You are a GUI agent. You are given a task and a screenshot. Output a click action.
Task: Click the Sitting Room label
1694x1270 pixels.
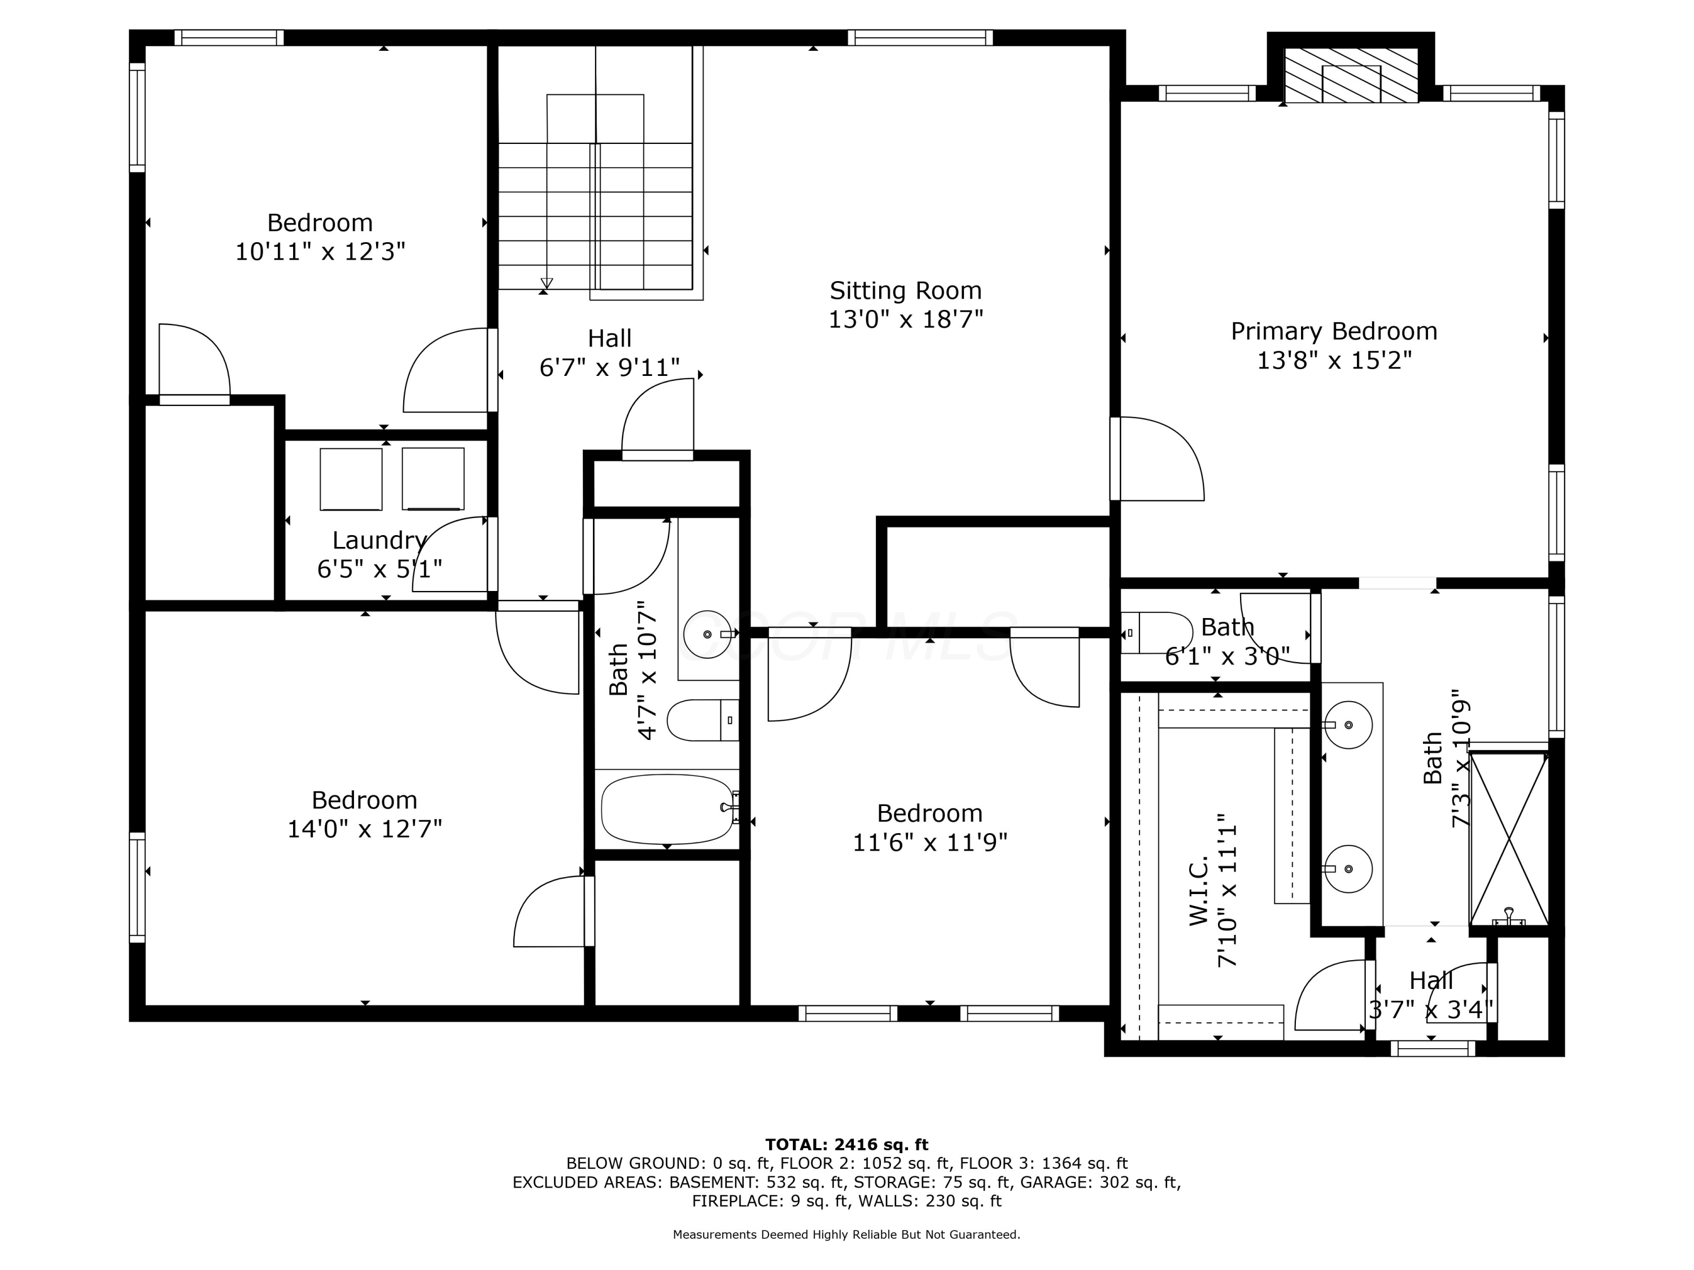coord(905,291)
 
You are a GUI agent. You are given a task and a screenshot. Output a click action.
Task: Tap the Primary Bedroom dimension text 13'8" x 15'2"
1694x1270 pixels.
coord(1334,360)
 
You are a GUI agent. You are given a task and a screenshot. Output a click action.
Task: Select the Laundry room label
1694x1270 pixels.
coord(379,541)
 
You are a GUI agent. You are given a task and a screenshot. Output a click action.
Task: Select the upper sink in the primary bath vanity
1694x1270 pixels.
coord(1348,724)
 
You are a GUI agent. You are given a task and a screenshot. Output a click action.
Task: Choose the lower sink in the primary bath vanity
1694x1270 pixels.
coord(1348,869)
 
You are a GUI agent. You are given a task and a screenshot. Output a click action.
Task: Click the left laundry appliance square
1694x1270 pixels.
coord(351,479)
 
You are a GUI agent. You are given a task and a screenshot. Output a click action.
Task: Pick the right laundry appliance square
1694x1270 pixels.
coord(433,479)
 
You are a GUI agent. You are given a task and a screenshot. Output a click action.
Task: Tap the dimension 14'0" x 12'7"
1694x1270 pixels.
coord(365,829)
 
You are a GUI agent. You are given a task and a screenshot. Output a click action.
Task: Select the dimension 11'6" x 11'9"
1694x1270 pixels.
coord(929,842)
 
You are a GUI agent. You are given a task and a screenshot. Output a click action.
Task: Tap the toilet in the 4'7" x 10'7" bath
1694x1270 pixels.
coord(702,720)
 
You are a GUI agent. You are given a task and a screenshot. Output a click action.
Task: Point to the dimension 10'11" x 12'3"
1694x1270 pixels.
coord(320,251)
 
